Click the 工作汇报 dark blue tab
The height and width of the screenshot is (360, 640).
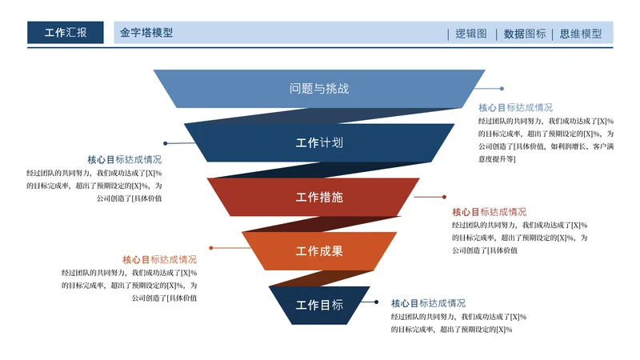[x=65, y=33]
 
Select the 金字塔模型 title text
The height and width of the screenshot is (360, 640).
[x=146, y=33]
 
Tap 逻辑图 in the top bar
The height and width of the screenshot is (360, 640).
[x=471, y=34]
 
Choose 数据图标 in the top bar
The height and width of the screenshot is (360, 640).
[x=525, y=34]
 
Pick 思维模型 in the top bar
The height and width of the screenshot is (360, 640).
[x=581, y=34]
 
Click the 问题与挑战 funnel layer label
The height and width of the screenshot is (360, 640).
[x=319, y=89]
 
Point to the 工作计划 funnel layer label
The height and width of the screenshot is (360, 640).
[x=319, y=143]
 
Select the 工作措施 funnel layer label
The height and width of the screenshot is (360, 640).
[x=319, y=197]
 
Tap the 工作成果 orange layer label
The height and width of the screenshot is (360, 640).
[x=319, y=251]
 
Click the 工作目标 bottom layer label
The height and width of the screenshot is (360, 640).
[x=319, y=305]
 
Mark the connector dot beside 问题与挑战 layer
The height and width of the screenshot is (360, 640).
[x=502, y=89]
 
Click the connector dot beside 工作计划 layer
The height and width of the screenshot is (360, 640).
[x=166, y=144]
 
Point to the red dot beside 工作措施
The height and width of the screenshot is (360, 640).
[x=444, y=196]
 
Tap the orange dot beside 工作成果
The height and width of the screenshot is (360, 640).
[x=210, y=249]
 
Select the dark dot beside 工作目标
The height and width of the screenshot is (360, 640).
[x=376, y=302]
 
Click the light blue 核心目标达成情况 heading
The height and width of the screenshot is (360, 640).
[x=515, y=107]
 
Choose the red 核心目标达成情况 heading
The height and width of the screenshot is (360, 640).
[x=490, y=212]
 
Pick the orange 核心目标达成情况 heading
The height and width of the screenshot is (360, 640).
[x=159, y=259]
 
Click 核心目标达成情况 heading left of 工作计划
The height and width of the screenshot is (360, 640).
[x=124, y=159]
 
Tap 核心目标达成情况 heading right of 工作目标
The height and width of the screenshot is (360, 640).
[x=428, y=303]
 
